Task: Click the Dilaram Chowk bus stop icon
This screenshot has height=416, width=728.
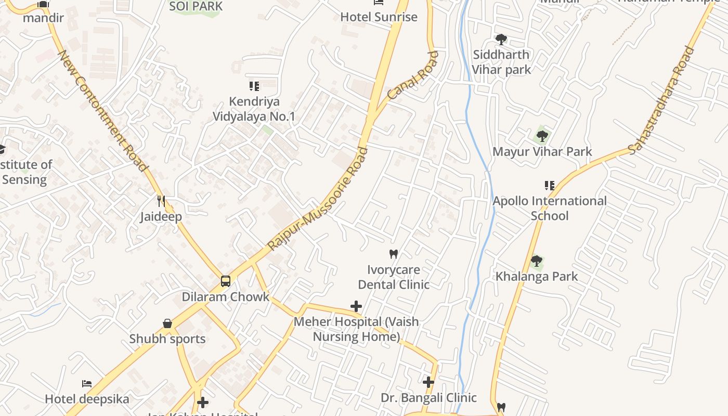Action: click(x=225, y=281)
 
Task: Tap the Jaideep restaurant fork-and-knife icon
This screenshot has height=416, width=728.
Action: click(x=161, y=201)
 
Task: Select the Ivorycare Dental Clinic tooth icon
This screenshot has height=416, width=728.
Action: click(x=394, y=254)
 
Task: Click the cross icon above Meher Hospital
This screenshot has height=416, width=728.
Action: click(x=356, y=306)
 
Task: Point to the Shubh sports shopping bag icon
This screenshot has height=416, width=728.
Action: click(x=167, y=323)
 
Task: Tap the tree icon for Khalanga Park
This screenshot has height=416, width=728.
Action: click(x=537, y=261)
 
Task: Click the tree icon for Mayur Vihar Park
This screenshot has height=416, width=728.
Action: click(x=542, y=137)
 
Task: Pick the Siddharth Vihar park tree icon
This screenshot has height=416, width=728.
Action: click(x=501, y=40)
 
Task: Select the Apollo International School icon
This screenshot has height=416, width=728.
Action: click(x=550, y=186)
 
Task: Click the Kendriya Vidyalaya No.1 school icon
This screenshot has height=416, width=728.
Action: click(x=254, y=86)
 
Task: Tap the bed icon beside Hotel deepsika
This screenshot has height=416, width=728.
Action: click(x=87, y=384)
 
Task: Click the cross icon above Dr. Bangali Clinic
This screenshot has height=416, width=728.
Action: click(x=428, y=382)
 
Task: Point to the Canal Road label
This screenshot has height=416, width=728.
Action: click(x=413, y=75)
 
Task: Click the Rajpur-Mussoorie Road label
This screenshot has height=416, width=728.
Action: click(x=318, y=198)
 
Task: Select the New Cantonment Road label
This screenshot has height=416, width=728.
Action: click(x=102, y=110)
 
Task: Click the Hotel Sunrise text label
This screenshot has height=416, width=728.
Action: click(x=379, y=17)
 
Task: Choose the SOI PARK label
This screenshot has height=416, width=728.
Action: click(x=197, y=6)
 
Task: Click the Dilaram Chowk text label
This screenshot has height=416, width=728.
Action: click(x=225, y=297)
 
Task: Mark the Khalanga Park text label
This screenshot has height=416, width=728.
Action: click(x=537, y=276)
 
